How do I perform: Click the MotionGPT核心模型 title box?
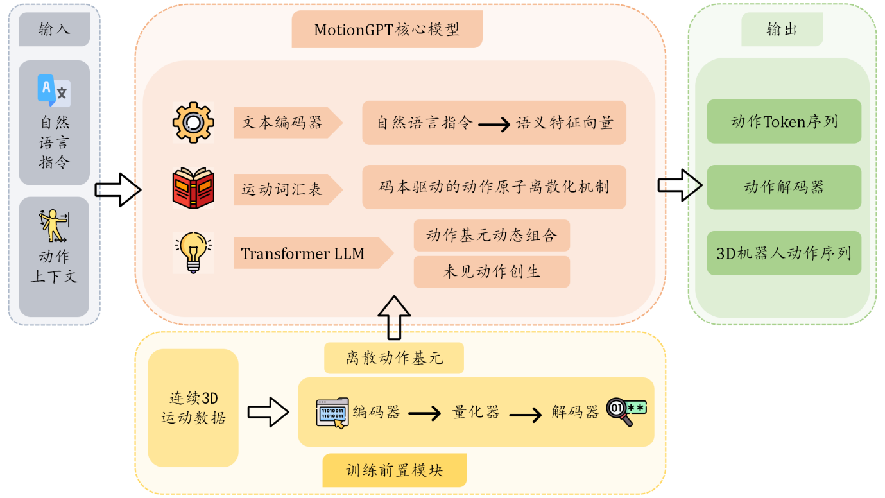point(386,30)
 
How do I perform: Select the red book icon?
point(193,188)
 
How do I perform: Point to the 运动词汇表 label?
point(282,189)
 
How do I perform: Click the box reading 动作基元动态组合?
point(492,236)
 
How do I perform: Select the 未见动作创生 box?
point(492,271)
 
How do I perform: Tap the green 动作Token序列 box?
point(784,121)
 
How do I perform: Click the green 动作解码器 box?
point(784,187)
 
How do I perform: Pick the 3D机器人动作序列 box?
point(784,253)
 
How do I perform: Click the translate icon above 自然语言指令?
point(54,90)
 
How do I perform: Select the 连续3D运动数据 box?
point(193,408)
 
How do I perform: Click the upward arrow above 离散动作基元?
point(393,317)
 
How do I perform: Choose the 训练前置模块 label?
point(394,470)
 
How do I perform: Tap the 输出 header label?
point(782,30)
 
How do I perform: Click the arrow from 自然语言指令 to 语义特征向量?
point(494,123)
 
